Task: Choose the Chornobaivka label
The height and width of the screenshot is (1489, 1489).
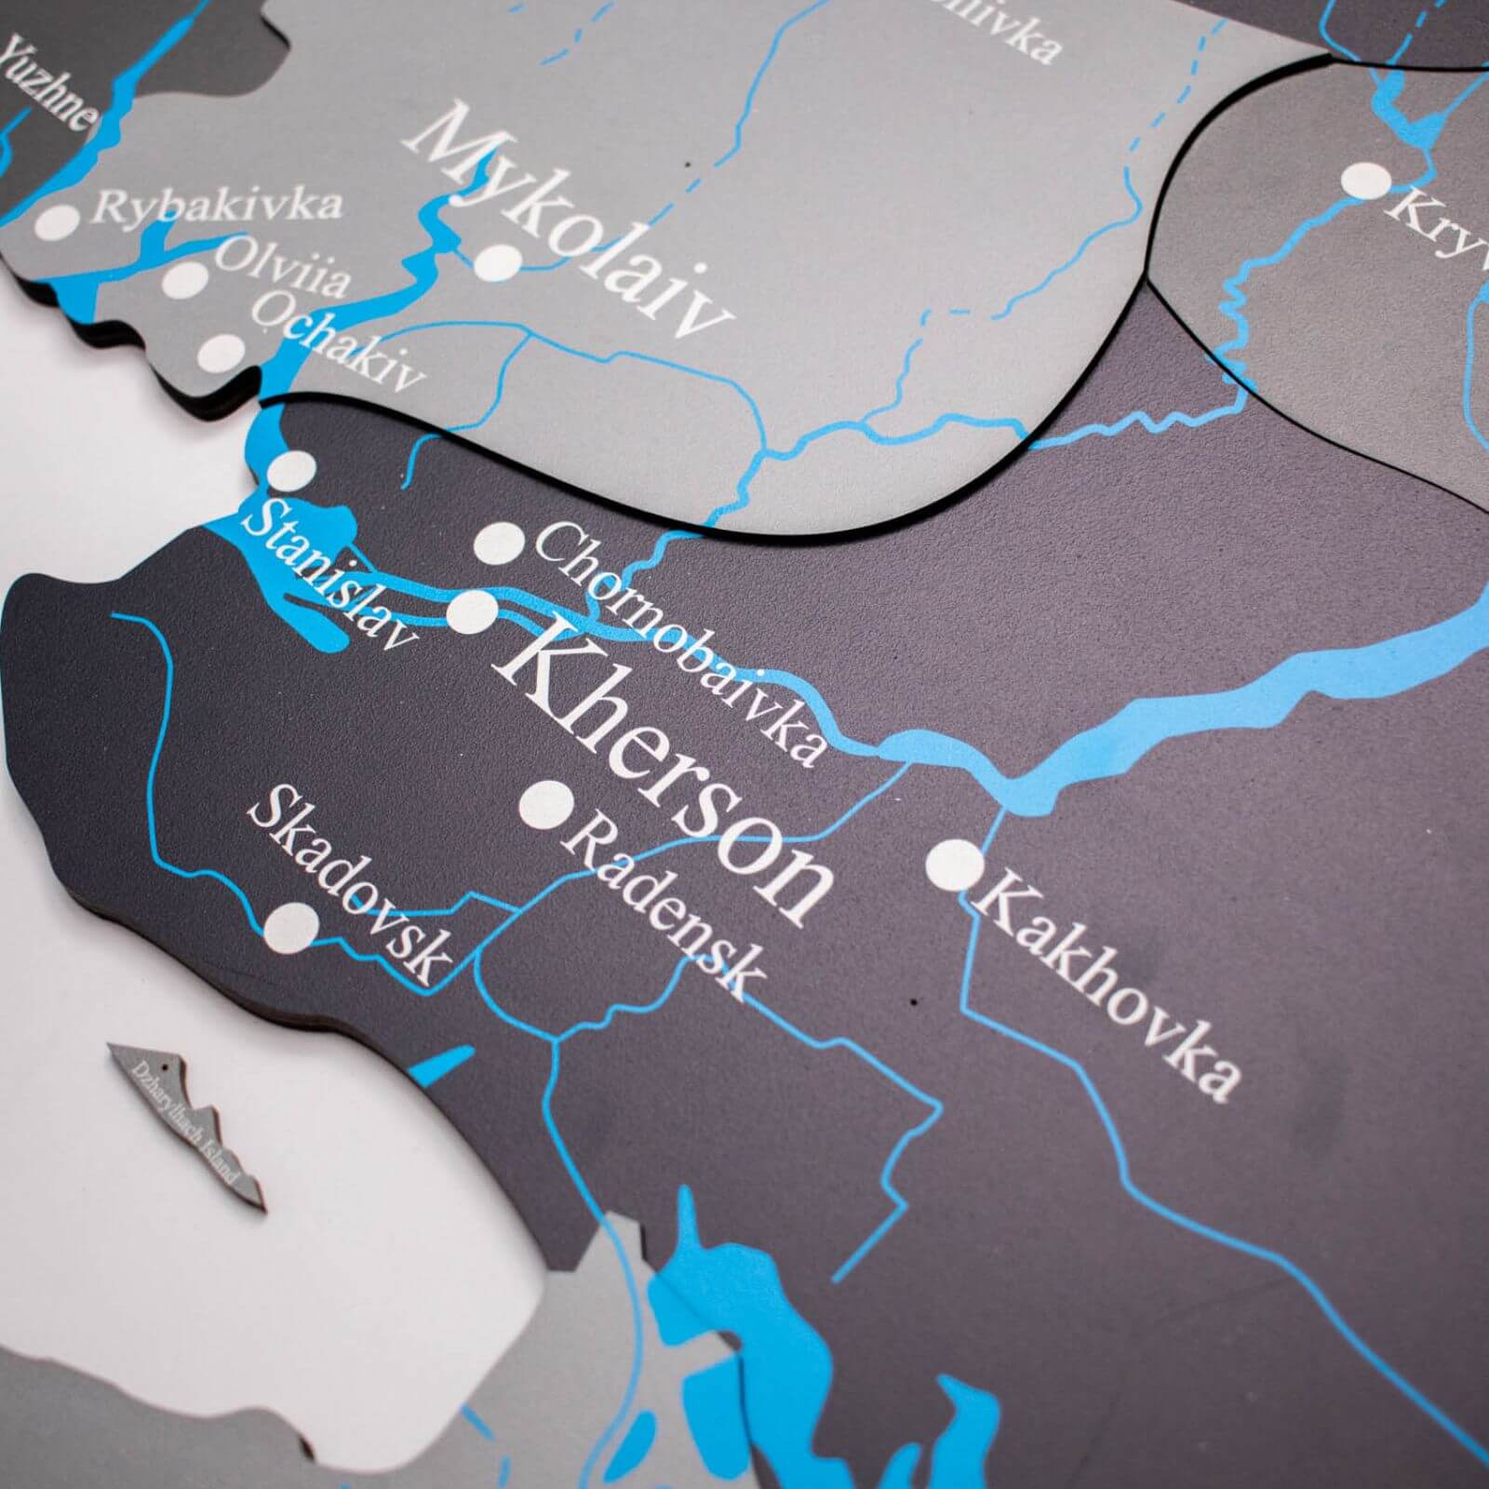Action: [x=679, y=642]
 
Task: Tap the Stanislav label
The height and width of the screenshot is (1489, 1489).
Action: [x=326, y=572]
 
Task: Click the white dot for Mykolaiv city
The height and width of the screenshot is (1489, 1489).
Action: [x=500, y=262]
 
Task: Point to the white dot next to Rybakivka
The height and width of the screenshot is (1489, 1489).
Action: [x=58, y=222]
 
